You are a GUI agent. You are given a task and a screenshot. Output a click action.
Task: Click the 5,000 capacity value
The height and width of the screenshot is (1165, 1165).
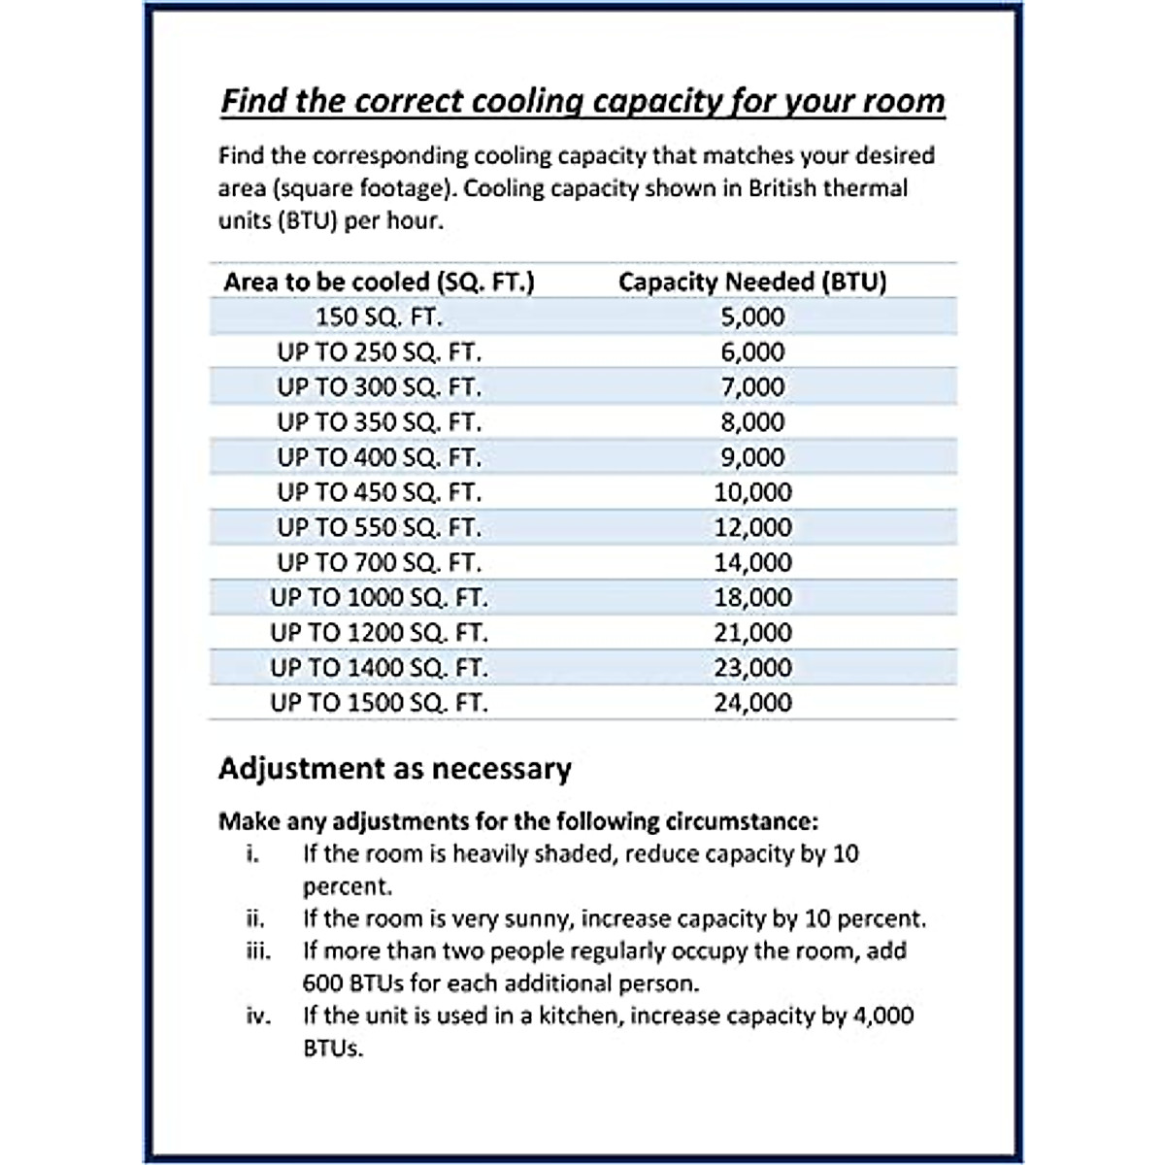752,317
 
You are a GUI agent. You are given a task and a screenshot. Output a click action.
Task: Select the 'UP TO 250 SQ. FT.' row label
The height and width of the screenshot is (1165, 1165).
379,352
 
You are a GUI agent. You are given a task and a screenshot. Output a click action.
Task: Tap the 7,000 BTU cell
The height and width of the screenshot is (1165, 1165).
752,387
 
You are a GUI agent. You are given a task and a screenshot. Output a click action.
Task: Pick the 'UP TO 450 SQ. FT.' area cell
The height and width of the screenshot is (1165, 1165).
379,492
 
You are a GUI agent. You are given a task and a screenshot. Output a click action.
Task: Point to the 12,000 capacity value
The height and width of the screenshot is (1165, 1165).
752,527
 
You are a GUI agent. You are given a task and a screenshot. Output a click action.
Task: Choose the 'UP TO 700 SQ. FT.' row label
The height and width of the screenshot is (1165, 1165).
379,562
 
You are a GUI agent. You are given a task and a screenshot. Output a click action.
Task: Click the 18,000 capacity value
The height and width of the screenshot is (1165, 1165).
752,597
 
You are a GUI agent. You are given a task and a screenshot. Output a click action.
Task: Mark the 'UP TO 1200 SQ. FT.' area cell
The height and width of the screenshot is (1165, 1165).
379,633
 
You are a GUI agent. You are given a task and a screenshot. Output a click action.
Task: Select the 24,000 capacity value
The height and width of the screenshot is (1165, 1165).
752,703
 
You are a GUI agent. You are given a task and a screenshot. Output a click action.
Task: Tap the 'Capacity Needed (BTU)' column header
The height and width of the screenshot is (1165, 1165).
752,283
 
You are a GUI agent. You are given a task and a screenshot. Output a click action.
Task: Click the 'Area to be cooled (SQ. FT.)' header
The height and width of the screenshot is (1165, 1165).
379,283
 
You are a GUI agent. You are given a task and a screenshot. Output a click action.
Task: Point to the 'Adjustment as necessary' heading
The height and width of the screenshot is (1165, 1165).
394,769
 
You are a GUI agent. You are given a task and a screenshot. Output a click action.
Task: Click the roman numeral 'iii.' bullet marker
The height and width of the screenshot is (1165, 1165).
257,950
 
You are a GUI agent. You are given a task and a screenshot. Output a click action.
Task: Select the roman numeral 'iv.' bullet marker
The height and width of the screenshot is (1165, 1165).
257,1016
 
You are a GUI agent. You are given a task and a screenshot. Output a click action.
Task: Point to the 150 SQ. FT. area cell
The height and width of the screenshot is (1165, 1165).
379,317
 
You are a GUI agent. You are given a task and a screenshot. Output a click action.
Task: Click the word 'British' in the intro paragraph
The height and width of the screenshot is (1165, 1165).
782,187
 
